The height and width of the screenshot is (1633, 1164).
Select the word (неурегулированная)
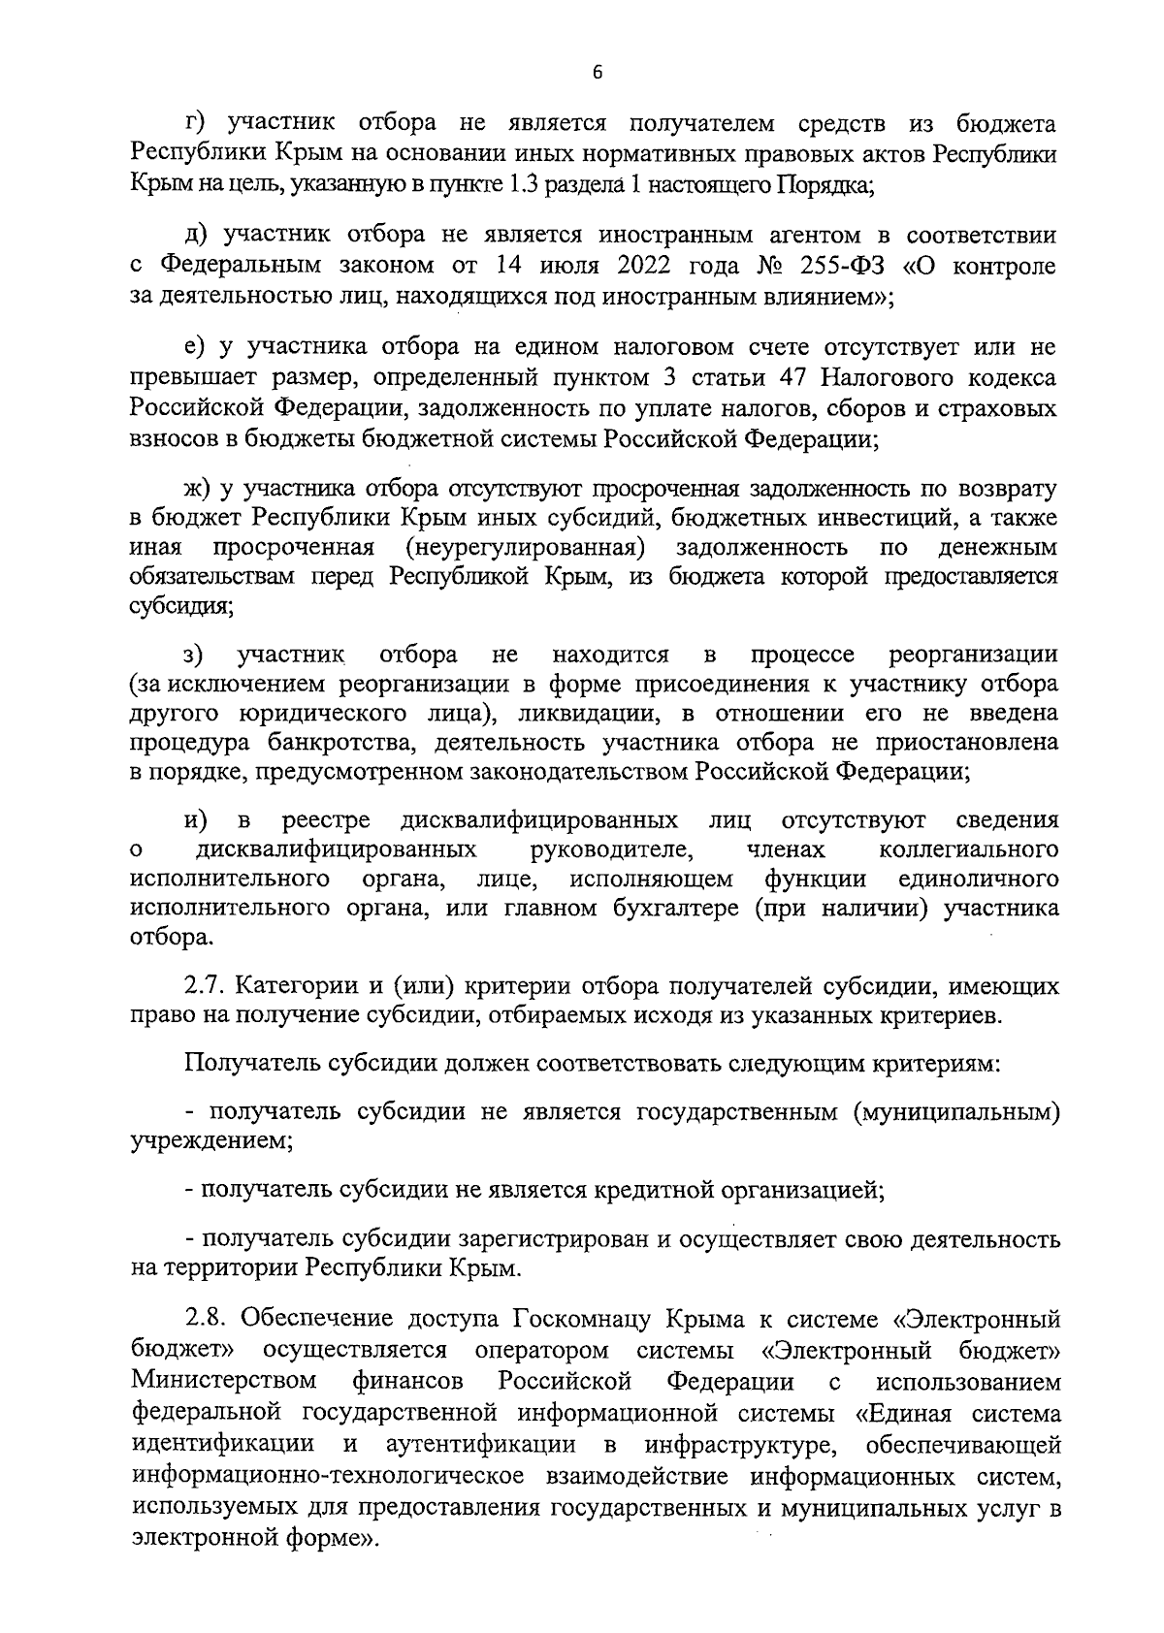point(526,547)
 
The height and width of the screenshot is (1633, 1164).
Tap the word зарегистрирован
point(527,1239)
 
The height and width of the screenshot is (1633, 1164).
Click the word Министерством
point(225,1380)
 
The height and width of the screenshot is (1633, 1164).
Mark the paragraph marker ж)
point(201,487)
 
